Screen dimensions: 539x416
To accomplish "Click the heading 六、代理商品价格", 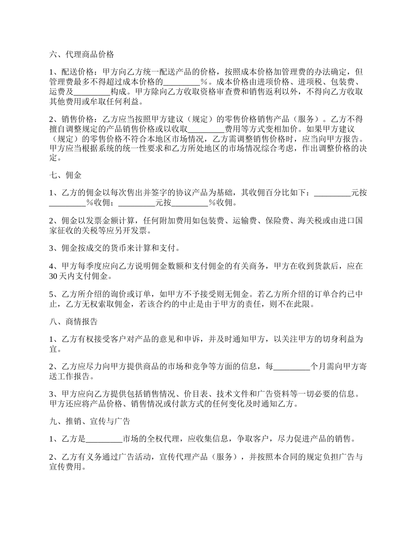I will [81, 55].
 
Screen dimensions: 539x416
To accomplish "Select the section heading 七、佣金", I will [65, 175].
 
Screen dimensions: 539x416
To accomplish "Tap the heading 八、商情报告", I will [73, 321].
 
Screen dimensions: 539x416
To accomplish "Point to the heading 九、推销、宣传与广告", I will [90, 422].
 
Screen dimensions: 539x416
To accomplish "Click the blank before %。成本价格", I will [181, 82].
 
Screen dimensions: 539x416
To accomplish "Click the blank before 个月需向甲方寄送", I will [291, 366].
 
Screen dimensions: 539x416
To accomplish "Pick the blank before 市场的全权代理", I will [104, 439].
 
